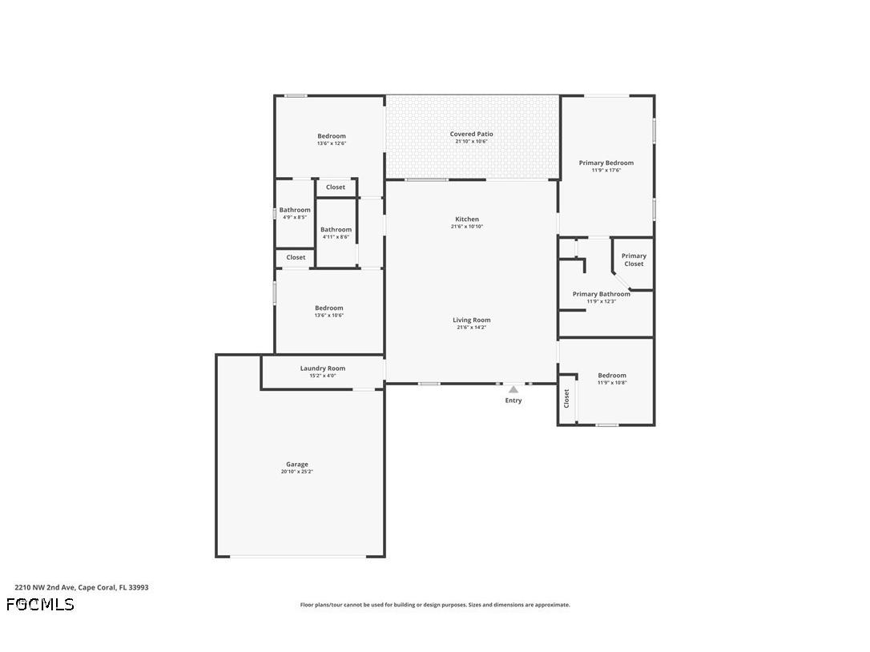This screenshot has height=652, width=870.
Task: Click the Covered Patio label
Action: point(471,135)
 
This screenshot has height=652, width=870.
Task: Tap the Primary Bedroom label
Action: point(606,163)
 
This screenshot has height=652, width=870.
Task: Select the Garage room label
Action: point(297,465)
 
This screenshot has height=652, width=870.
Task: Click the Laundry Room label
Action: point(323,368)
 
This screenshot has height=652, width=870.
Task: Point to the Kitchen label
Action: point(467,219)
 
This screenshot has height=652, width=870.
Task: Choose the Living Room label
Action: point(471,320)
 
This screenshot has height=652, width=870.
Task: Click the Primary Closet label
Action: point(634,260)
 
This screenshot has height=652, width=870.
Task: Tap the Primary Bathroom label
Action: point(601,294)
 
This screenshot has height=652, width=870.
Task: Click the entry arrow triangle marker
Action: point(514,390)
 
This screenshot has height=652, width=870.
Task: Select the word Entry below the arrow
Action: point(514,400)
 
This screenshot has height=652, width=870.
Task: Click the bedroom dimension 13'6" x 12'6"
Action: point(331,143)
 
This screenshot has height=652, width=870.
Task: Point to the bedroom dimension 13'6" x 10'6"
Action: point(328,316)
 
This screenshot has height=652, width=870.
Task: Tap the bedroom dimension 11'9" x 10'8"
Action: point(612,383)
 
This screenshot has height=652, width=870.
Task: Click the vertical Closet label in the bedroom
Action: point(566,398)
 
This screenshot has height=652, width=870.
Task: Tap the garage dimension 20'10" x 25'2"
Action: point(297,472)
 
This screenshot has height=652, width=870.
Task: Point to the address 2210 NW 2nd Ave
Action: point(81,587)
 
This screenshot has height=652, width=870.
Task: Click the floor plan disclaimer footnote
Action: point(435,605)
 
